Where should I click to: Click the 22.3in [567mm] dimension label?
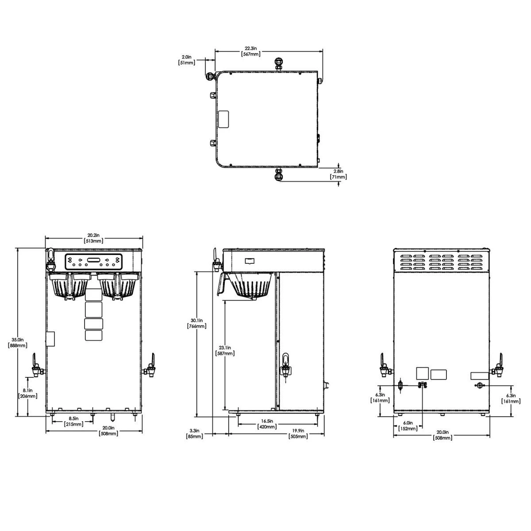point(250,51)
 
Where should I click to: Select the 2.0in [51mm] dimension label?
point(186,60)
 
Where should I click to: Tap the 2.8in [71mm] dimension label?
point(339,173)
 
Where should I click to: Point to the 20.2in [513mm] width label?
point(94,238)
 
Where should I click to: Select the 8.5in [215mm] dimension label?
point(73,421)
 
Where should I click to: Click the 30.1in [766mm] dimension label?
point(197,323)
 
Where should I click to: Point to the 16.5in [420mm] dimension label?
point(267,424)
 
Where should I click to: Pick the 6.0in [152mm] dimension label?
point(408,426)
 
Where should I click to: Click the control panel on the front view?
point(93,262)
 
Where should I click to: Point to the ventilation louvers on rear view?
point(442,262)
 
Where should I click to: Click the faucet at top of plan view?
point(278,64)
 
